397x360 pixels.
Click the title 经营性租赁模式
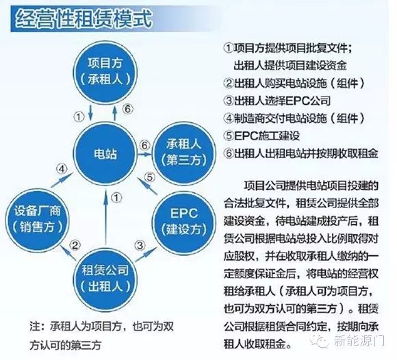tap(84, 18)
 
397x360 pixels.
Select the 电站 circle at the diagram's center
tap(105, 154)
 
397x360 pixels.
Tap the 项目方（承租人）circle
tap(105, 72)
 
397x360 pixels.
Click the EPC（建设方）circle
tap(184, 222)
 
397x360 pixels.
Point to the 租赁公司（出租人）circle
tap(105, 279)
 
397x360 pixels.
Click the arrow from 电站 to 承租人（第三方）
tap(144, 154)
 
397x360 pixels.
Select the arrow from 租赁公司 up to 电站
tap(106, 217)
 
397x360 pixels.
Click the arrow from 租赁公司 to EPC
tap(146, 255)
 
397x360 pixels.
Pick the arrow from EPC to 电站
tap(147, 185)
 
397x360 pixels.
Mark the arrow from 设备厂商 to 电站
tap(62, 180)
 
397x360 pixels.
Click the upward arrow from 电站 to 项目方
tap(115, 113)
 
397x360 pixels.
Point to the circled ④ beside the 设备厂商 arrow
tap(62, 169)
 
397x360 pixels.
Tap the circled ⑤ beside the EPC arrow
tap(150, 177)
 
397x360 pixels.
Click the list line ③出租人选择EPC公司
tap(277, 101)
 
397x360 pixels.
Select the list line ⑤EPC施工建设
tap(262, 136)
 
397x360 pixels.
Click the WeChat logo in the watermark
tap(320, 341)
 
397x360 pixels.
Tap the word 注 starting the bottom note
tap(35, 326)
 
